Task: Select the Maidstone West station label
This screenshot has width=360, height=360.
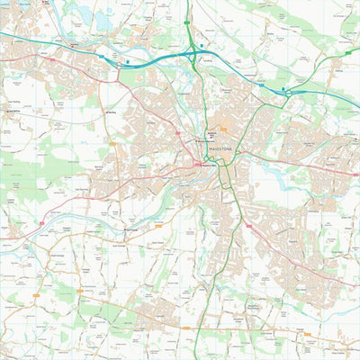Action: [x=210, y=165]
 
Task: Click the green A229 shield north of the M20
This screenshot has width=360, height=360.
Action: [x=186, y=18]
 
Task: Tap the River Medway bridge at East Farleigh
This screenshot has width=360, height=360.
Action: [x=123, y=225]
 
